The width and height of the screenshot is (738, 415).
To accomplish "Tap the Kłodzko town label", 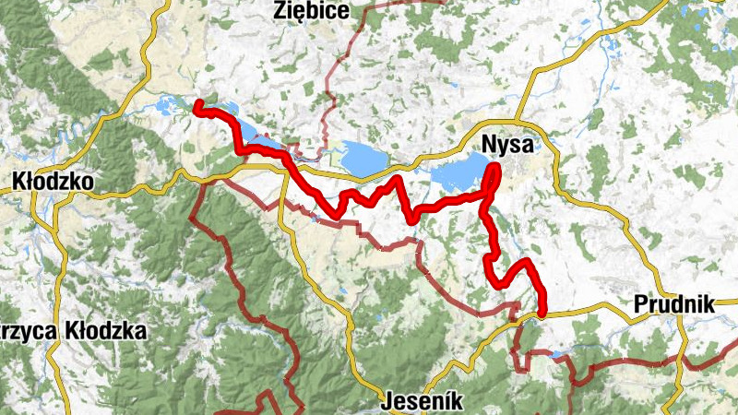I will click(54, 183).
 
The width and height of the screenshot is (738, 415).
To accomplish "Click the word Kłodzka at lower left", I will click(103, 330).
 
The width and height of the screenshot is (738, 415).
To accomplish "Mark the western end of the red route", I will click(196, 108).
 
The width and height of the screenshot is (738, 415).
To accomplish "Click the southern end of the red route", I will click(542, 314).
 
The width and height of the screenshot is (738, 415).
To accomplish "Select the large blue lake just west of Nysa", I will click(458, 172).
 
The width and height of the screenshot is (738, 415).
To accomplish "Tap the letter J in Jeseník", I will click(387, 402).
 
